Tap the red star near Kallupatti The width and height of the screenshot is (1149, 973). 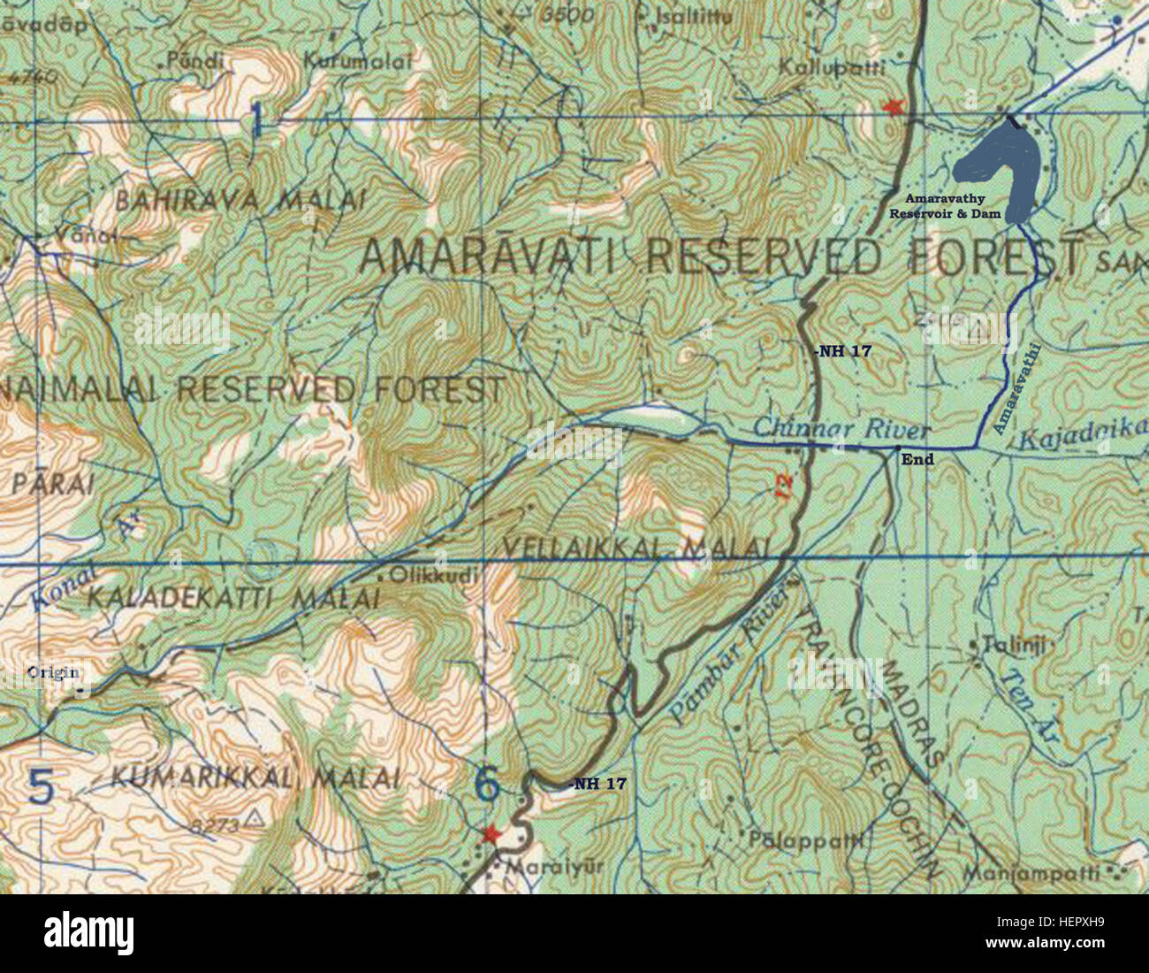pyautogui.click(x=894, y=107)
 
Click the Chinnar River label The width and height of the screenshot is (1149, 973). pyautogui.click(x=841, y=429)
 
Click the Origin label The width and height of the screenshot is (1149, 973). pyautogui.click(x=47, y=671)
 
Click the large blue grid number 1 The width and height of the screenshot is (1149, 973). pyautogui.click(x=256, y=119)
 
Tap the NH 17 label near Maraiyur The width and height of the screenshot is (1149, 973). pyautogui.click(x=600, y=783)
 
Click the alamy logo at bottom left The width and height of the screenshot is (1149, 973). pyautogui.click(x=88, y=931)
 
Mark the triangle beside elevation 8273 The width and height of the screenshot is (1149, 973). pyautogui.click(x=255, y=817)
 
